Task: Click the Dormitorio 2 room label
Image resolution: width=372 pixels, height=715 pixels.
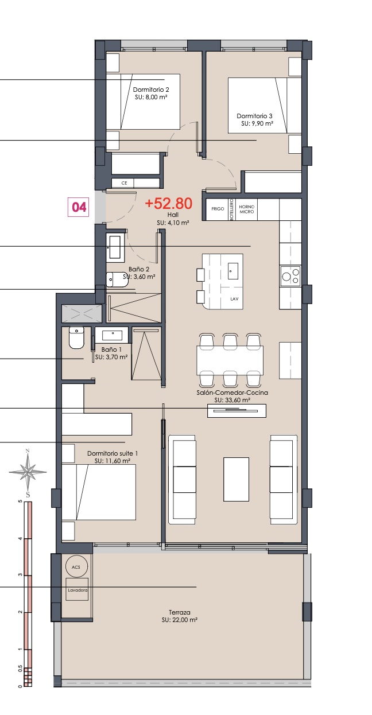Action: (x=151, y=90)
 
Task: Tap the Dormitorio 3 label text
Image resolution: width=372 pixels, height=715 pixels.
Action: (x=254, y=116)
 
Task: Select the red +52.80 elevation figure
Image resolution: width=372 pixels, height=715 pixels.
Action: (x=169, y=203)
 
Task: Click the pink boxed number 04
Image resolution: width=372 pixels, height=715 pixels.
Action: (x=78, y=208)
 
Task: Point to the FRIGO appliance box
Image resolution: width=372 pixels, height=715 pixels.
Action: (x=218, y=209)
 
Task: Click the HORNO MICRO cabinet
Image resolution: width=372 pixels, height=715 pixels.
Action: (x=246, y=209)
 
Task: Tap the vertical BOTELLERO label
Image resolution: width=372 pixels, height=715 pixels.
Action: (x=232, y=209)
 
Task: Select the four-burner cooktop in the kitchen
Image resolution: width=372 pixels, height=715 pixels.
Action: (x=290, y=276)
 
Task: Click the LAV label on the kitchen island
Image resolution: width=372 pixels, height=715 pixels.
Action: (x=234, y=299)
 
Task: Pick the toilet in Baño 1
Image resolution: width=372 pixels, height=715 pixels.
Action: (x=76, y=337)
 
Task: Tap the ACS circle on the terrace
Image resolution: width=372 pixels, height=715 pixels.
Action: (x=76, y=567)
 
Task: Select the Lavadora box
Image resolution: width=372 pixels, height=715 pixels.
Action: (x=77, y=590)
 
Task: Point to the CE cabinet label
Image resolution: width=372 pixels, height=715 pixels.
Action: (x=124, y=183)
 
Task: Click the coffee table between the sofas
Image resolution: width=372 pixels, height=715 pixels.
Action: (x=237, y=479)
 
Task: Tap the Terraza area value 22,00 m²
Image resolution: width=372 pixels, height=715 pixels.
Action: (x=180, y=620)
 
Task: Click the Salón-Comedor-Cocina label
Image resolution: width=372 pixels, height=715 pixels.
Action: (x=232, y=393)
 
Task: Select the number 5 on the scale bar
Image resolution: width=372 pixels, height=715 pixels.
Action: (x=21, y=502)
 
